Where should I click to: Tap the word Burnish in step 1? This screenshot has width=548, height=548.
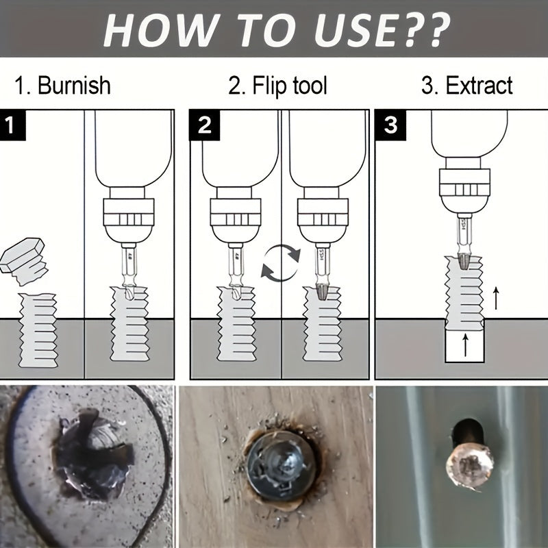point(74,86)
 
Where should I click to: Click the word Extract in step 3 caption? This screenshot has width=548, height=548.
point(478,86)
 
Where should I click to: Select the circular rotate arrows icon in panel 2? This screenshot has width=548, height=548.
point(281,264)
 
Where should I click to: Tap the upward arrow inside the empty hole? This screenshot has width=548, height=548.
point(465,344)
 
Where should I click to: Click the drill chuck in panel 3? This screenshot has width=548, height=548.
point(464,189)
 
